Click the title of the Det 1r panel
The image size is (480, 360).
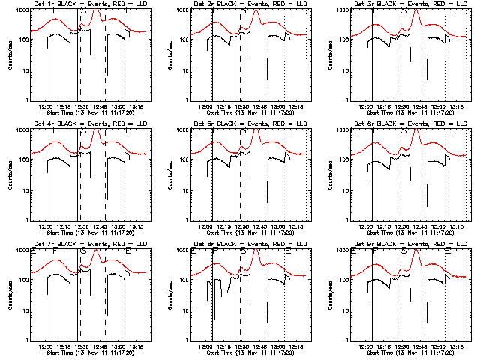point(88,4)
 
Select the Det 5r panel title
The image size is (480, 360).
point(248,124)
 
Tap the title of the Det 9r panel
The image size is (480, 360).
point(409,244)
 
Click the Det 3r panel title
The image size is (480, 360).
point(409,4)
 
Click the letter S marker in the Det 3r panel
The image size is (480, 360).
point(404,13)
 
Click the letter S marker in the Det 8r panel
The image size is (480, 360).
point(244,252)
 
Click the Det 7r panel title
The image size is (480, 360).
point(88,244)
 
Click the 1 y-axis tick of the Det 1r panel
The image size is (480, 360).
point(29,100)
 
